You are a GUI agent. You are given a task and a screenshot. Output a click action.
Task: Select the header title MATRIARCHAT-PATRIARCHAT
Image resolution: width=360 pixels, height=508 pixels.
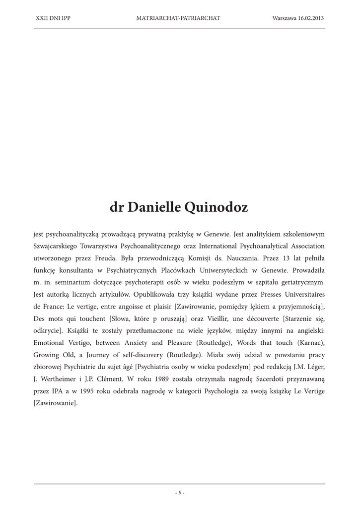click(x=178, y=18)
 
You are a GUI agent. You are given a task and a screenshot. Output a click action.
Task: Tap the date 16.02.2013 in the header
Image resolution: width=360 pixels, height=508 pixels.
click(x=311, y=18)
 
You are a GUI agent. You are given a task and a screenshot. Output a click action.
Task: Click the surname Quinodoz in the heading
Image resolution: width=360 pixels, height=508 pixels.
click(x=216, y=207)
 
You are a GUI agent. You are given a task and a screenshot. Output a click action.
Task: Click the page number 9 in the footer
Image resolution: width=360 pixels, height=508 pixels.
click(x=180, y=493)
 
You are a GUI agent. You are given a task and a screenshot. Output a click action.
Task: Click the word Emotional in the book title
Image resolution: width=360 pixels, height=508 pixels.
click(x=50, y=342)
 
